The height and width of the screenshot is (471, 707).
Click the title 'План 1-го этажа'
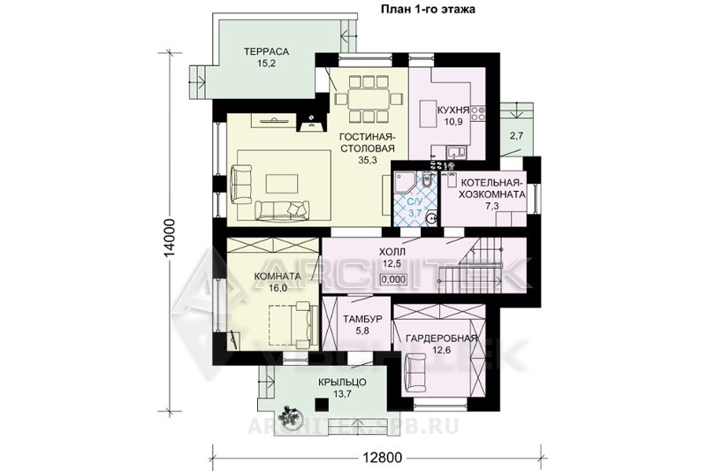428,10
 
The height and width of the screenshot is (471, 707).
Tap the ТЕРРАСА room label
267,51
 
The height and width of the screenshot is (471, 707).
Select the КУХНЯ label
453,110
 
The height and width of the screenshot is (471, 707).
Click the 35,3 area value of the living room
368,160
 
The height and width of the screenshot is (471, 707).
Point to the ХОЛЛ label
392,252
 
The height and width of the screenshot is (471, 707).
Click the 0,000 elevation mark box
392,279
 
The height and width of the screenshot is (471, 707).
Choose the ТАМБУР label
362,319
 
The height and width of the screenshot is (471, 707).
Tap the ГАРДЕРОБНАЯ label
441,338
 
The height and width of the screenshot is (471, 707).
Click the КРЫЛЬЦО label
342,383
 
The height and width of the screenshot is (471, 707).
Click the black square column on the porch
322,404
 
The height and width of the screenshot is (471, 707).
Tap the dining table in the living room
369,99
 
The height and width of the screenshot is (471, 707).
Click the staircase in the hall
479,266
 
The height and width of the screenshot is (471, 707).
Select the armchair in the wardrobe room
415,369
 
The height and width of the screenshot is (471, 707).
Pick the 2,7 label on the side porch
516,136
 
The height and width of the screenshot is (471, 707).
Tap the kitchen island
427,114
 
